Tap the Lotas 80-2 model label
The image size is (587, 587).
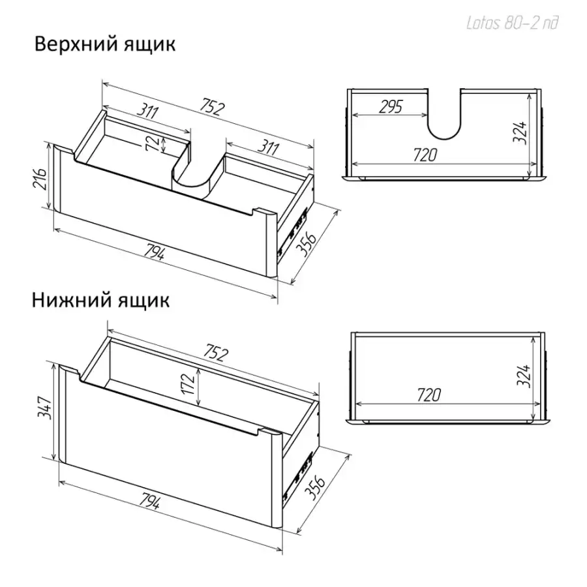click(x=512, y=23)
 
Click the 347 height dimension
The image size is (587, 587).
click(x=44, y=408)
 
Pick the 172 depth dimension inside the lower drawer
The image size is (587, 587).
click(x=188, y=384)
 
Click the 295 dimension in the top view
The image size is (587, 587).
click(x=391, y=107)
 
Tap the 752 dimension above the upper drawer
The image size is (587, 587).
click(x=212, y=106)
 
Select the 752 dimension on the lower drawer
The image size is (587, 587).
click(x=216, y=353)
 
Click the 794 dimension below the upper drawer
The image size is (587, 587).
click(x=154, y=251)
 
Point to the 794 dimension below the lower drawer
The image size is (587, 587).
click(x=150, y=500)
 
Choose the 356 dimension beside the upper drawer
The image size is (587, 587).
click(x=307, y=244)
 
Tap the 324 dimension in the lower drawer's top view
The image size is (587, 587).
click(x=524, y=376)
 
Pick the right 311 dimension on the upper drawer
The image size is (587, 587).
click(x=269, y=147)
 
